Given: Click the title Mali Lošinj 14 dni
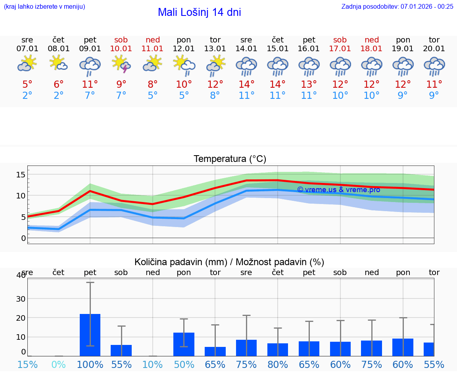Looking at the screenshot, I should click(199, 12).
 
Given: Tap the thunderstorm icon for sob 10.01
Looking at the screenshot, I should click(121, 64).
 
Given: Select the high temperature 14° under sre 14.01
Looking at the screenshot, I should click(246, 85).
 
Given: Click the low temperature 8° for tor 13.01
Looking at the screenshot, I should click(215, 96).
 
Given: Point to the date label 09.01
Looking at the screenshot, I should click(90, 49).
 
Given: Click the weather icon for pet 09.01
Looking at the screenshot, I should click(90, 65).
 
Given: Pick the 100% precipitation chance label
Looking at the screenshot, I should click(90, 364).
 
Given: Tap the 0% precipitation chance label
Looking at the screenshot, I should click(59, 364).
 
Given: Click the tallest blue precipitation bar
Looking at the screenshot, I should click(90, 335).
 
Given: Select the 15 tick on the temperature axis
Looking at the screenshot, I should click(21, 175).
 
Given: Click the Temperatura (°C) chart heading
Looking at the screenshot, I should click(230, 159).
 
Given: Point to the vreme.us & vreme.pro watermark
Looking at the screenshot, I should click(338, 190).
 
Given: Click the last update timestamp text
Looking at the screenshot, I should click(397, 6).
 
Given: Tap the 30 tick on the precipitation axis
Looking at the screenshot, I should click(21, 299).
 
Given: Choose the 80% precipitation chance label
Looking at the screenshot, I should click(278, 364).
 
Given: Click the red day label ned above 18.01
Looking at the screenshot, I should click(372, 40).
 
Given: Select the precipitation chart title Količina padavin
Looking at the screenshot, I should click(229, 262).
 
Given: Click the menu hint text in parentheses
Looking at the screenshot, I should click(44, 6).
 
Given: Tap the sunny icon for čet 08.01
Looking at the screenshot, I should click(58, 64).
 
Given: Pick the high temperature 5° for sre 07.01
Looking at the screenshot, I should click(27, 85).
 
